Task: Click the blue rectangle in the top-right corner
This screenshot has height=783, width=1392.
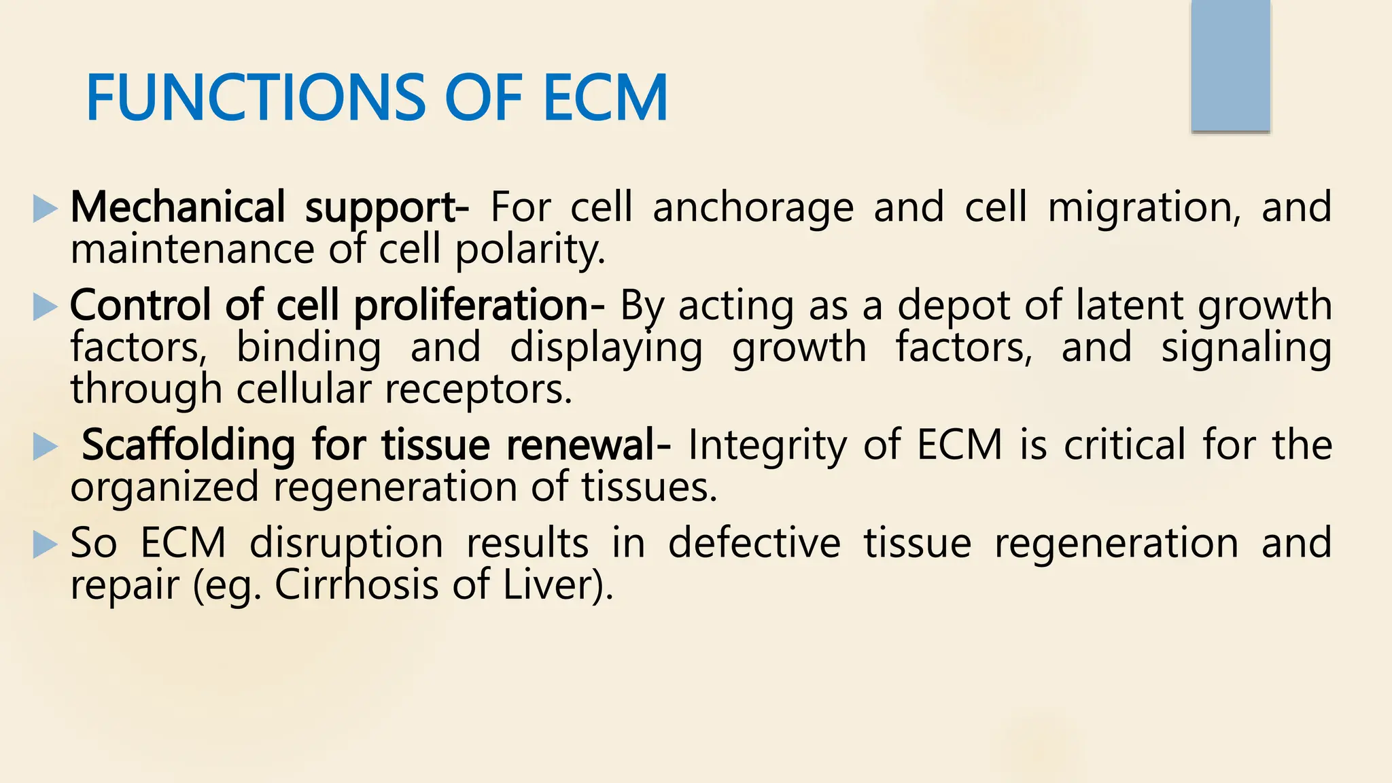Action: click(1230, 66)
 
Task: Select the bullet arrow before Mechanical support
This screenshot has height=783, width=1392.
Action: click(45, 209)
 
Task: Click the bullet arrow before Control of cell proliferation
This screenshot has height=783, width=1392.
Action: click(45, 307)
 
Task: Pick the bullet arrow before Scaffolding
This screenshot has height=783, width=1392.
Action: click(45, 447)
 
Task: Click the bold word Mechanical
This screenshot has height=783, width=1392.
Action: click(177, 207)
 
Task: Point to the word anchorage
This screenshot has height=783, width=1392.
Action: click(752, 208)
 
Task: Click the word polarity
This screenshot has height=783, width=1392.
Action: click(529, 251)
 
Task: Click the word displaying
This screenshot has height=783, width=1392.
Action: click(606, 348)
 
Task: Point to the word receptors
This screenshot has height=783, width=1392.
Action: click(478, 390)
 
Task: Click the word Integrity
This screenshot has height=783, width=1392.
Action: click(767, 446)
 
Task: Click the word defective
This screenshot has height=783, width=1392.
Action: click(754, 544)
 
